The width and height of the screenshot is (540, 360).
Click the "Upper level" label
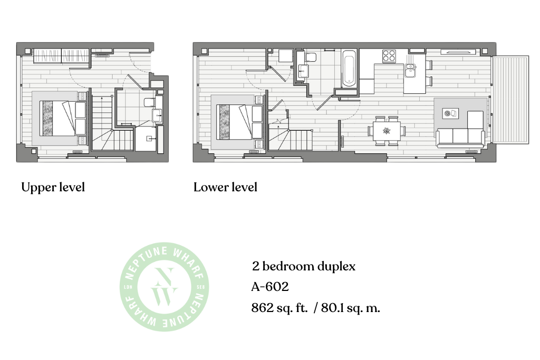(x=53, y=188)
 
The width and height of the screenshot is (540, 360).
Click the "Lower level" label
(x=225, y=187)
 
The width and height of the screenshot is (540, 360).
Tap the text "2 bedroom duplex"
(x=303, y=266)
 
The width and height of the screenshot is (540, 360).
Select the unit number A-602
(x=269, y=287)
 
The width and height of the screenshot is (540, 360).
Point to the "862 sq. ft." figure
(x=279, y=308)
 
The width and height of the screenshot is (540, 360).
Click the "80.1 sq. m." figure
(x=351, y=308)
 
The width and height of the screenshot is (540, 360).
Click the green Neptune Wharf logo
(x=165, y=287)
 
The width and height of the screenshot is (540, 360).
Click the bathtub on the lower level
(x=349, y=69)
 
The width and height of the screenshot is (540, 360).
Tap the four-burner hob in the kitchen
(x=389, y=56)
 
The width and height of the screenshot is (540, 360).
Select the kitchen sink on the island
(x=410, y=71)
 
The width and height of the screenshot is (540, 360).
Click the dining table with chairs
(x=387, y=131)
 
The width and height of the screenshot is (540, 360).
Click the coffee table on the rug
(x=450, y=113)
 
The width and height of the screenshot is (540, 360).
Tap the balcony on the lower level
(x=510, y=100)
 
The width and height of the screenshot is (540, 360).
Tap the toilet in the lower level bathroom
(x=311, y=57)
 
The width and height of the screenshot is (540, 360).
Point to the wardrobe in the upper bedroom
(x=61, y=56)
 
